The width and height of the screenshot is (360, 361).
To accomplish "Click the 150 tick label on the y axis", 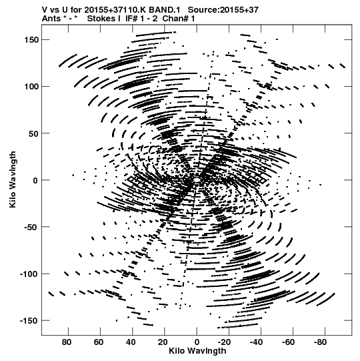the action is pyautogui.click(x=31, y=40).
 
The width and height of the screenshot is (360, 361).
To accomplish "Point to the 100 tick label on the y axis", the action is pyautogui.click(x=31, y=87).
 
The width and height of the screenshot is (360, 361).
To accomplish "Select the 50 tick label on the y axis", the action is pyautogui.click(x=33, y=133).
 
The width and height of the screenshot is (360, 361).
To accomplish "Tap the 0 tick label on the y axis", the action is pyautogui.click(x=35, y=180).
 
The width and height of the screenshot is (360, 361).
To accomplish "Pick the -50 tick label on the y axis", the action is pyautogui.click(x=31, y=227).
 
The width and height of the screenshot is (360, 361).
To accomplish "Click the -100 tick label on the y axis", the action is pyautogui.click(x=29, y=274).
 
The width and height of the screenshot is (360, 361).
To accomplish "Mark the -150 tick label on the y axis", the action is pyautogui.click(x=29, y=321).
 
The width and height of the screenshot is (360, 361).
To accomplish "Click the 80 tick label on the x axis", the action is pyautogui.click(x=67, y=342).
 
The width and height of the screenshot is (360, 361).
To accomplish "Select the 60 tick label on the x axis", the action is pyautogui.click(x=99, y=342).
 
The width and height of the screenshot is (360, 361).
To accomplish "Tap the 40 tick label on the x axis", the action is pyautogui.click(x=131, y=342).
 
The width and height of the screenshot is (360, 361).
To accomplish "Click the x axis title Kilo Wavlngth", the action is pyautogui.click(x=197, y=351).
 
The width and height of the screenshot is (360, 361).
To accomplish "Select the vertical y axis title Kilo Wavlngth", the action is pyautogui.click(x=13, y=179).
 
